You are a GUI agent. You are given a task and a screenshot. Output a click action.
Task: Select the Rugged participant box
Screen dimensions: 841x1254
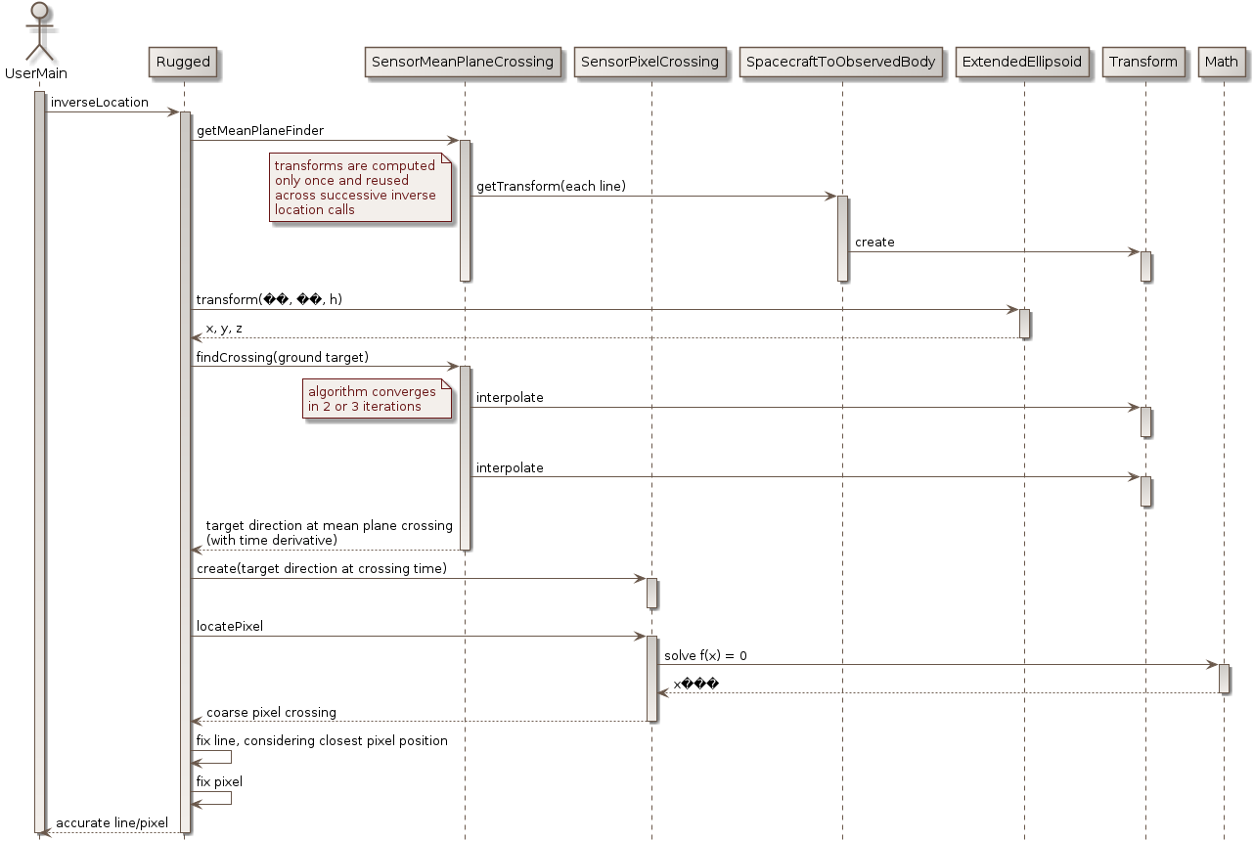[x=183, y=63]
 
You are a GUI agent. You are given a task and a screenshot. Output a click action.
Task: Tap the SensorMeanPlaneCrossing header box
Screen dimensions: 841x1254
[x=463, y=63]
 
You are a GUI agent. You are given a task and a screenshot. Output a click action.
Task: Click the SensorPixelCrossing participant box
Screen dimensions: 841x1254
[x=650, y=63]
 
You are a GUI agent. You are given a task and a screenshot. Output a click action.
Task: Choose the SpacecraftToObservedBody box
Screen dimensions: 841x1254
[x=841, y=63]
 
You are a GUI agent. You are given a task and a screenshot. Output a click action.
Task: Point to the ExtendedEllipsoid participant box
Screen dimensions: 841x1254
[x=1023, y=63]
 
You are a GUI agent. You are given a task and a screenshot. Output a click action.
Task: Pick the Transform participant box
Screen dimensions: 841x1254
[x=1143, y=63]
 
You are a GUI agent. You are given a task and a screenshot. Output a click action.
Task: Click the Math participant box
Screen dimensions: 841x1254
[x=1222, y=63]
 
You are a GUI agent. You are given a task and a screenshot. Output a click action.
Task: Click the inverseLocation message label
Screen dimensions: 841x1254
[x=99, y=103]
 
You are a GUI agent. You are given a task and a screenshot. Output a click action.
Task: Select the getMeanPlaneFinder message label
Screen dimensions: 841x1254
[x=260, y=131]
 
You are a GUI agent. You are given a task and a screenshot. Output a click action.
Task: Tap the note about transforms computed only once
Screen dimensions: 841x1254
[x=360, y=188]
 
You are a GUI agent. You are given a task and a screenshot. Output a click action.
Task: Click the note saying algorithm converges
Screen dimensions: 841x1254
[x=377, y=399]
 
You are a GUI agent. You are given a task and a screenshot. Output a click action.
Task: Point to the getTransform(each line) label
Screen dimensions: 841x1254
[x=551, y=187]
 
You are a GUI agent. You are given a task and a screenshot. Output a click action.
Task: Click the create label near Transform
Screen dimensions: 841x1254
[x=874, y=243]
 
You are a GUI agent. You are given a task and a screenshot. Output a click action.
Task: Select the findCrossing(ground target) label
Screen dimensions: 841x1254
[x=283, y=358]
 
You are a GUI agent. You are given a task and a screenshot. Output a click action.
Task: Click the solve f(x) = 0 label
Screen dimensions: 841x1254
[x=705, y=655]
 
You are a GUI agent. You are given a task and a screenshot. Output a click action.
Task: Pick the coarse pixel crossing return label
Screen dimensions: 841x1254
[x=271, y=713]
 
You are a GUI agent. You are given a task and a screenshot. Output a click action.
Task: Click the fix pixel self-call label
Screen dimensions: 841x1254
[x=219, y=782]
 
